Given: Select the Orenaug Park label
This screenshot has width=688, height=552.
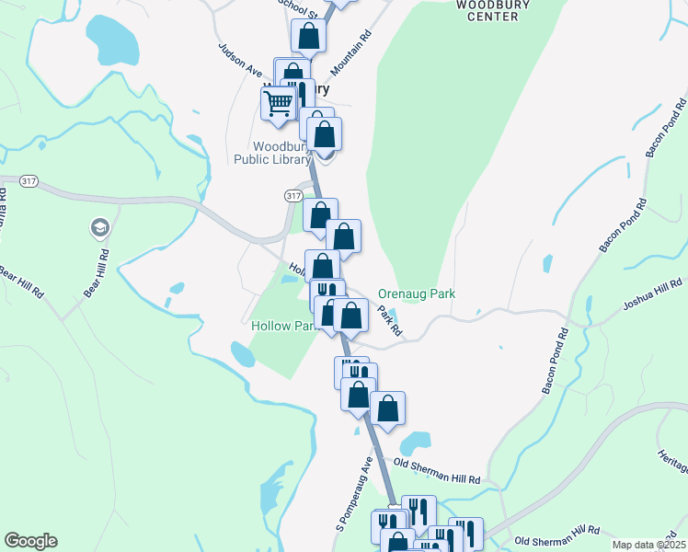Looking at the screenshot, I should coord(417,294).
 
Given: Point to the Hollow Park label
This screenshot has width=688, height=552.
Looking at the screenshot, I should coord(281,327).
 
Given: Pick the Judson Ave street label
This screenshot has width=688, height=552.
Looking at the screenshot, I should coord(241,61).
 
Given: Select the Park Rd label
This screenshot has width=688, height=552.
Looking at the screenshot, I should coord(390,319).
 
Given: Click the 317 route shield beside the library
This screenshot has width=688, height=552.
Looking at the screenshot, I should coord(293,196).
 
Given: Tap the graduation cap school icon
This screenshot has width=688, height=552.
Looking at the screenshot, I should coord(98,227).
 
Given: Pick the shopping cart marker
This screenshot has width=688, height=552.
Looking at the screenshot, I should coord(279,102).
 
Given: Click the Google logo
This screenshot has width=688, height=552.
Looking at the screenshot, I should coord(30,541).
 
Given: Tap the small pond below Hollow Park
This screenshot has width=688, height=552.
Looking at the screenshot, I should coord(242,353).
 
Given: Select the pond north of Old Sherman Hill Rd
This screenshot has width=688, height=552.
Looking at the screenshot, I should coord(416,443).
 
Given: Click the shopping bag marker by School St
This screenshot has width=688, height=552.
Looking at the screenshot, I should coord(309,37).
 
